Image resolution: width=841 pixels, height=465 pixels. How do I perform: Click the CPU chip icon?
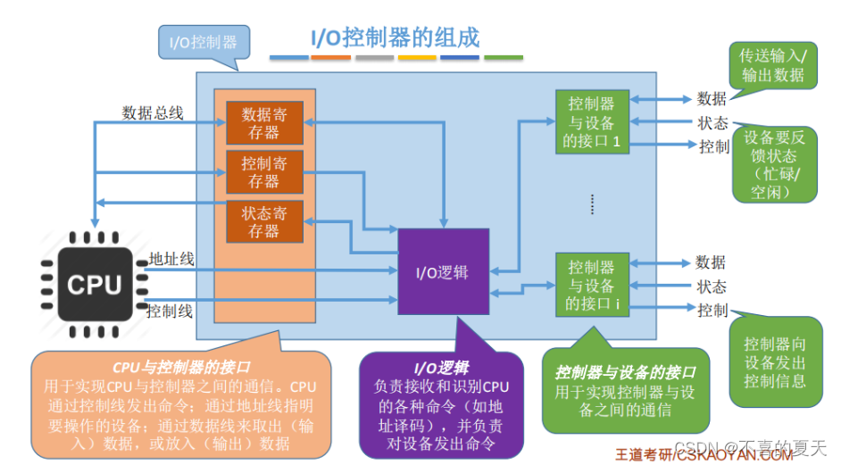pyautogui.click(x=94, y=284)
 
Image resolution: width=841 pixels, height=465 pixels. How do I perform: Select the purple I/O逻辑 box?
pyautogui.click(x=443, y=271)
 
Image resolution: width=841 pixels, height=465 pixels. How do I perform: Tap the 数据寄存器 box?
pyautogui.click(x=264, y=123)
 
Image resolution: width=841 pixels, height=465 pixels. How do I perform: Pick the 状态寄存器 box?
pyautogui.click(x=264, y=222)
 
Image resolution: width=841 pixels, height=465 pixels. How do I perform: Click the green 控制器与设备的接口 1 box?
pyautogui.click(x=591, y=123)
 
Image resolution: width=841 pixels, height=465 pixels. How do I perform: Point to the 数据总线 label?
pyautogui.click(x=153, y=112)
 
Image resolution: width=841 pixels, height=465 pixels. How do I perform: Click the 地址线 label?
pyautogui.click(x=171, y=259)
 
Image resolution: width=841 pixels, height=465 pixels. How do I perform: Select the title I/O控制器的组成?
pyautogui.click(x=395, y=37)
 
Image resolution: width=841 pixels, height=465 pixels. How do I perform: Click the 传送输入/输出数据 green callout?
pyautogui.click(x=772, y=64)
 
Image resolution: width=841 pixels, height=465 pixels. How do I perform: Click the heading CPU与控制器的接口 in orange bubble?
pyautogui.click(x=181, y=367)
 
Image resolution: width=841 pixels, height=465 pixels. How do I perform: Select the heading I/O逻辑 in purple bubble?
pyautogui.click(x=441, y=367)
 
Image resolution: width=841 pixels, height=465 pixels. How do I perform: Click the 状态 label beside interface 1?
pyautogui.click(x=712, y=123)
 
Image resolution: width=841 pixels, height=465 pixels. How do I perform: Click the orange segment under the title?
pyautogui.click(x=330, y=58)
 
